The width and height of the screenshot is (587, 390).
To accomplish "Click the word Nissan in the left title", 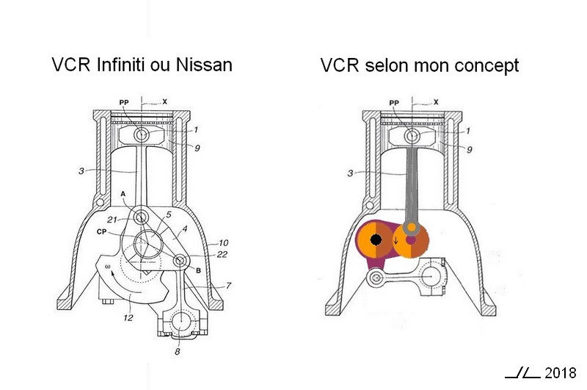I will [205, 65].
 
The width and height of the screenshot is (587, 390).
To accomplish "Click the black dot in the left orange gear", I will [376, 240].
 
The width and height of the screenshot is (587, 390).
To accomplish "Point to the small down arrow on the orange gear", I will [397, 240].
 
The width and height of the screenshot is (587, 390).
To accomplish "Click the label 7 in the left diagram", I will [227, 285].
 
